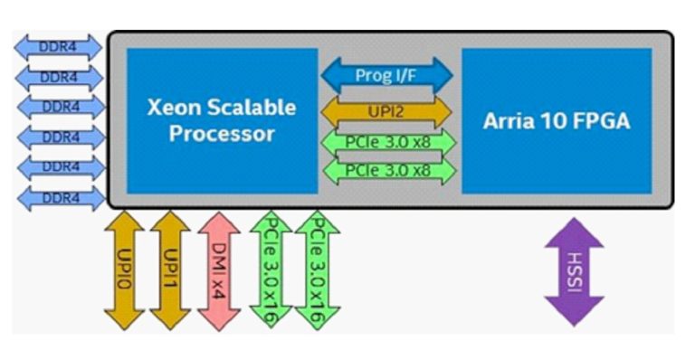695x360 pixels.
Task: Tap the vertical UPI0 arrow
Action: [124, 270]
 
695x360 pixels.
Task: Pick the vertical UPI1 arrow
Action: [169, 270]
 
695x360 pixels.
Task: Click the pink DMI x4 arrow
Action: [218, 270]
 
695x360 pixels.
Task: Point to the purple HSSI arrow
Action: [574, 271]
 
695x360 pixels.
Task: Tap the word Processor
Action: [223, 135]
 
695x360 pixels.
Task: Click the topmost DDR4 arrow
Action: [61, 47]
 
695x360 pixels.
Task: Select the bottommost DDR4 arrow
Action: [61, 197]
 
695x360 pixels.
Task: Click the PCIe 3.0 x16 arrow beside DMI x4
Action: [270, 270]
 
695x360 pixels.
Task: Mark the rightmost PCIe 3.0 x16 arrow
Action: [316, 270]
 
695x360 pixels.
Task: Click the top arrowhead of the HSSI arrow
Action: [574, 228]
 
